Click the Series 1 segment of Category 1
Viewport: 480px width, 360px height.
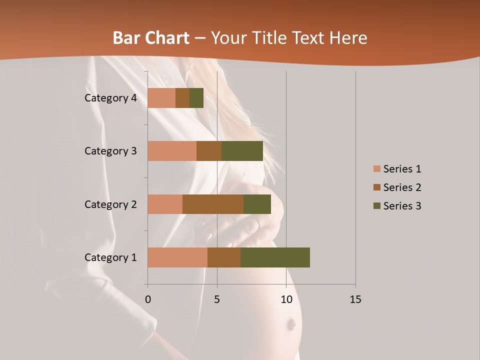click(x=177, y=257)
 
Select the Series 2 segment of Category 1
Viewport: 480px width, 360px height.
click(x=224, y=257)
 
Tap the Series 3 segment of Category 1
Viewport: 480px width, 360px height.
click(x=275, y=257)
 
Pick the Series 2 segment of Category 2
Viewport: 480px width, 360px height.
click(x=213, y=204)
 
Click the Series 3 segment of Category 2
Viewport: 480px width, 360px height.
click(x=257, y=204)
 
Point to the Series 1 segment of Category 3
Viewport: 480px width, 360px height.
click(x=172, y=151)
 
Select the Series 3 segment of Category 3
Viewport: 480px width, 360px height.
click(x=242, y=151)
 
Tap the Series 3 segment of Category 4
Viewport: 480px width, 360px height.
click(x=196, y=98)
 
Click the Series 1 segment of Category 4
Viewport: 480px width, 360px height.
click(x=161, y=98)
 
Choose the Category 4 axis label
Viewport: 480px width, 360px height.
click(x=110, y=98)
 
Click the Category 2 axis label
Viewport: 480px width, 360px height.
click(x=110, y=204)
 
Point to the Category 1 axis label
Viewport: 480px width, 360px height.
click(x=110, y=257)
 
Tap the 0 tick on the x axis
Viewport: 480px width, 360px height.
click(x=147, y=299)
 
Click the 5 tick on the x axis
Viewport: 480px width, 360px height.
click(x=217, y=299)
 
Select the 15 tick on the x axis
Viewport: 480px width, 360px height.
click(x=355, y=299)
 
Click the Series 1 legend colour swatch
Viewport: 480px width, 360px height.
click(x=376, y=169)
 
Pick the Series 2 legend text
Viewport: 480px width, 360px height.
click(x=402, y=187)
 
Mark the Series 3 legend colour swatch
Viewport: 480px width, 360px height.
click(x=376, y=206)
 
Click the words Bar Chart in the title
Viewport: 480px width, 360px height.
click(x=151, y=38)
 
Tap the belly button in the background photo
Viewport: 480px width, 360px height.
click(x=290, y=325)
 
